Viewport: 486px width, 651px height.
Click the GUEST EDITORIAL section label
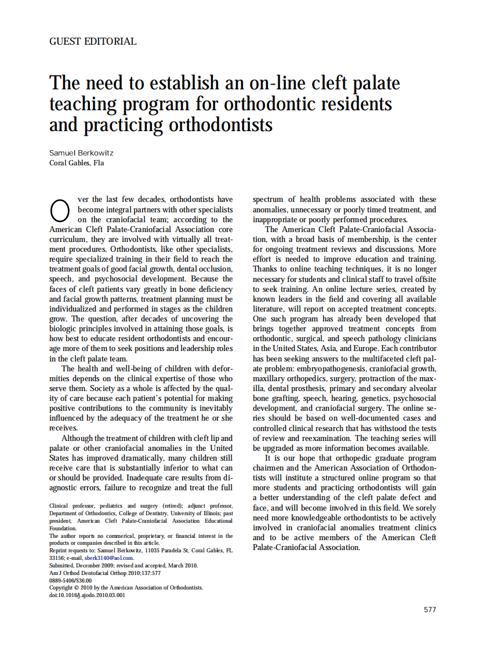click(93, 42)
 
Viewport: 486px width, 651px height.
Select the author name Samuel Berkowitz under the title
click(81, 153)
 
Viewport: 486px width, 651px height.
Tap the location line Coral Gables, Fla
click(77, 163)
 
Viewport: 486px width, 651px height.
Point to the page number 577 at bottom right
click(430, 609)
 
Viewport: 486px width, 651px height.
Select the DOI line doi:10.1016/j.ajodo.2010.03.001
click(87, 595)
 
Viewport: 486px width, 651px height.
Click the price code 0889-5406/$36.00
click(70, 580)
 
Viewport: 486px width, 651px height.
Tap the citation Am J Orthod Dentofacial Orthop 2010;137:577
click(105, 573)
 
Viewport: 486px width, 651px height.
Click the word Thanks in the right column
click(265, 269)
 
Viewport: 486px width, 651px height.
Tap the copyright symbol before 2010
click(77, 587)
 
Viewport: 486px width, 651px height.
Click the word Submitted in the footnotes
click(63, 565)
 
